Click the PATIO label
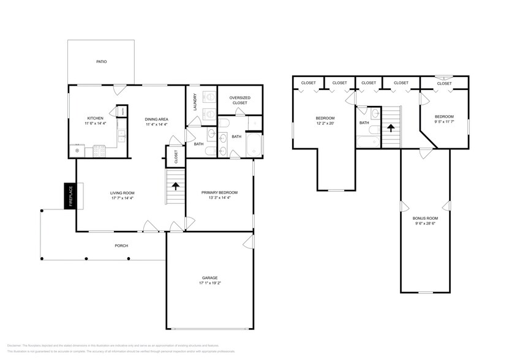click(x=101, y=62)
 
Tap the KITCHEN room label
click(x=95, y=118)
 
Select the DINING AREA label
click(x=156, y=119)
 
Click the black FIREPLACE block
click(x=70, y=197)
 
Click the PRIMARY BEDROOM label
click(x=219, y=192)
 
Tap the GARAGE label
click(x=209, y=278)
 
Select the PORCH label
click(x=121, y=246)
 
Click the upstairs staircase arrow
click(x=390, y=128)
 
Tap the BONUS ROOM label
click(x=425, y=219)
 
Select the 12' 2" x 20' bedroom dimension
click(x=325, y=124)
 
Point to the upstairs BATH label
click(x=364, y=122)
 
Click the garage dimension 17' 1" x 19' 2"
click(x=209, y=283)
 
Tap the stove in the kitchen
click(x=99, y=150)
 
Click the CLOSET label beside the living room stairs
click(x=175, y=156)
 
